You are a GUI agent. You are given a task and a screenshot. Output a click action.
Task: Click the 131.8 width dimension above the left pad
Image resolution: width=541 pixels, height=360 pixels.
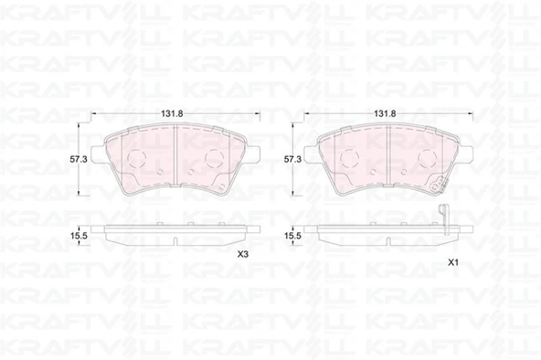[x=172, y=114]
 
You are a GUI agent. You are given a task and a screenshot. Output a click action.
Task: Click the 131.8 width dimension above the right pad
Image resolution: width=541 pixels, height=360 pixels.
[x=385, y=114]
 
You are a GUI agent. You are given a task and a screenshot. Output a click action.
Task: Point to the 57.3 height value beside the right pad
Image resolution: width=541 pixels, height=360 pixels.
[x=292, y=159]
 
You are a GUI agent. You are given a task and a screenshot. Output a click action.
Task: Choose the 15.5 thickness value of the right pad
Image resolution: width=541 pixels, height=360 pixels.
[x=292, y=236]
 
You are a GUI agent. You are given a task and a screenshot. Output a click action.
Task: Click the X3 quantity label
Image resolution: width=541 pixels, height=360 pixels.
[x=243, y=255]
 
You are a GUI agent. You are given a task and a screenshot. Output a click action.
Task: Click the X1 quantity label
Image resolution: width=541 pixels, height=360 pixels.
[x=452, y=263]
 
